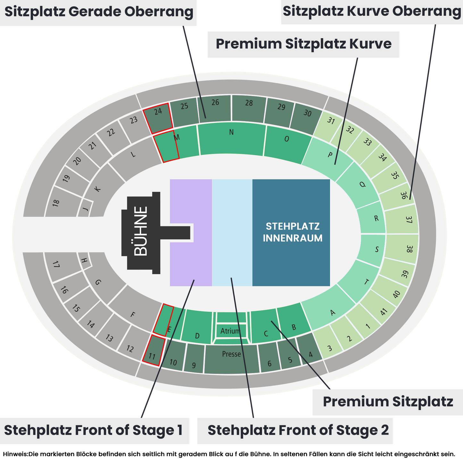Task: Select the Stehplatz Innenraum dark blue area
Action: click(x=291, y=232)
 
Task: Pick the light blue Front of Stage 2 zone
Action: click(x=232, y=232)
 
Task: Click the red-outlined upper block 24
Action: click(x=158, y=118)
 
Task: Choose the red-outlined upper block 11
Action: click(x=154, y=350)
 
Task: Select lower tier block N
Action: click(x=231, y=138)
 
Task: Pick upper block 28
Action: click(x=249, y=108)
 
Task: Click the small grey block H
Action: click(x=85, y=260)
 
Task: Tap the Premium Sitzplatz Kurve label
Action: click(x=303, y=44)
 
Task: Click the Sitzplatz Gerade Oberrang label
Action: click(x=98, y=12)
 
